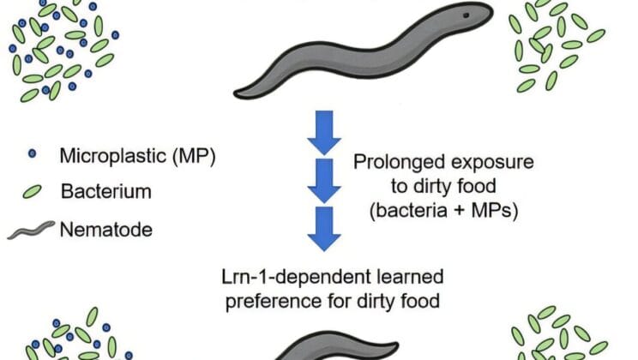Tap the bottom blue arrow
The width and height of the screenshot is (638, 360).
point(319,227)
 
